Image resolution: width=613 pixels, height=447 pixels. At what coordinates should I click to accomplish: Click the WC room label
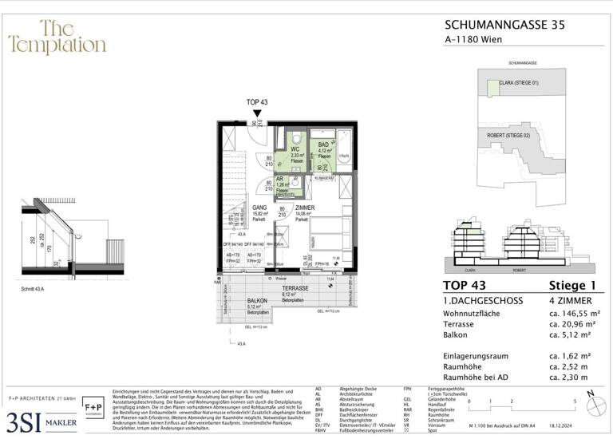295,149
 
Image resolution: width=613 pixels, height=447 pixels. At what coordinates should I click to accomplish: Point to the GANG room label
236,207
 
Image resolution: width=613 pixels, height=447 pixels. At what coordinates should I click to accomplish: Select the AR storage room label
280,180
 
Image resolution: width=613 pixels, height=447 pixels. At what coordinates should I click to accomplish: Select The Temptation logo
57,38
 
